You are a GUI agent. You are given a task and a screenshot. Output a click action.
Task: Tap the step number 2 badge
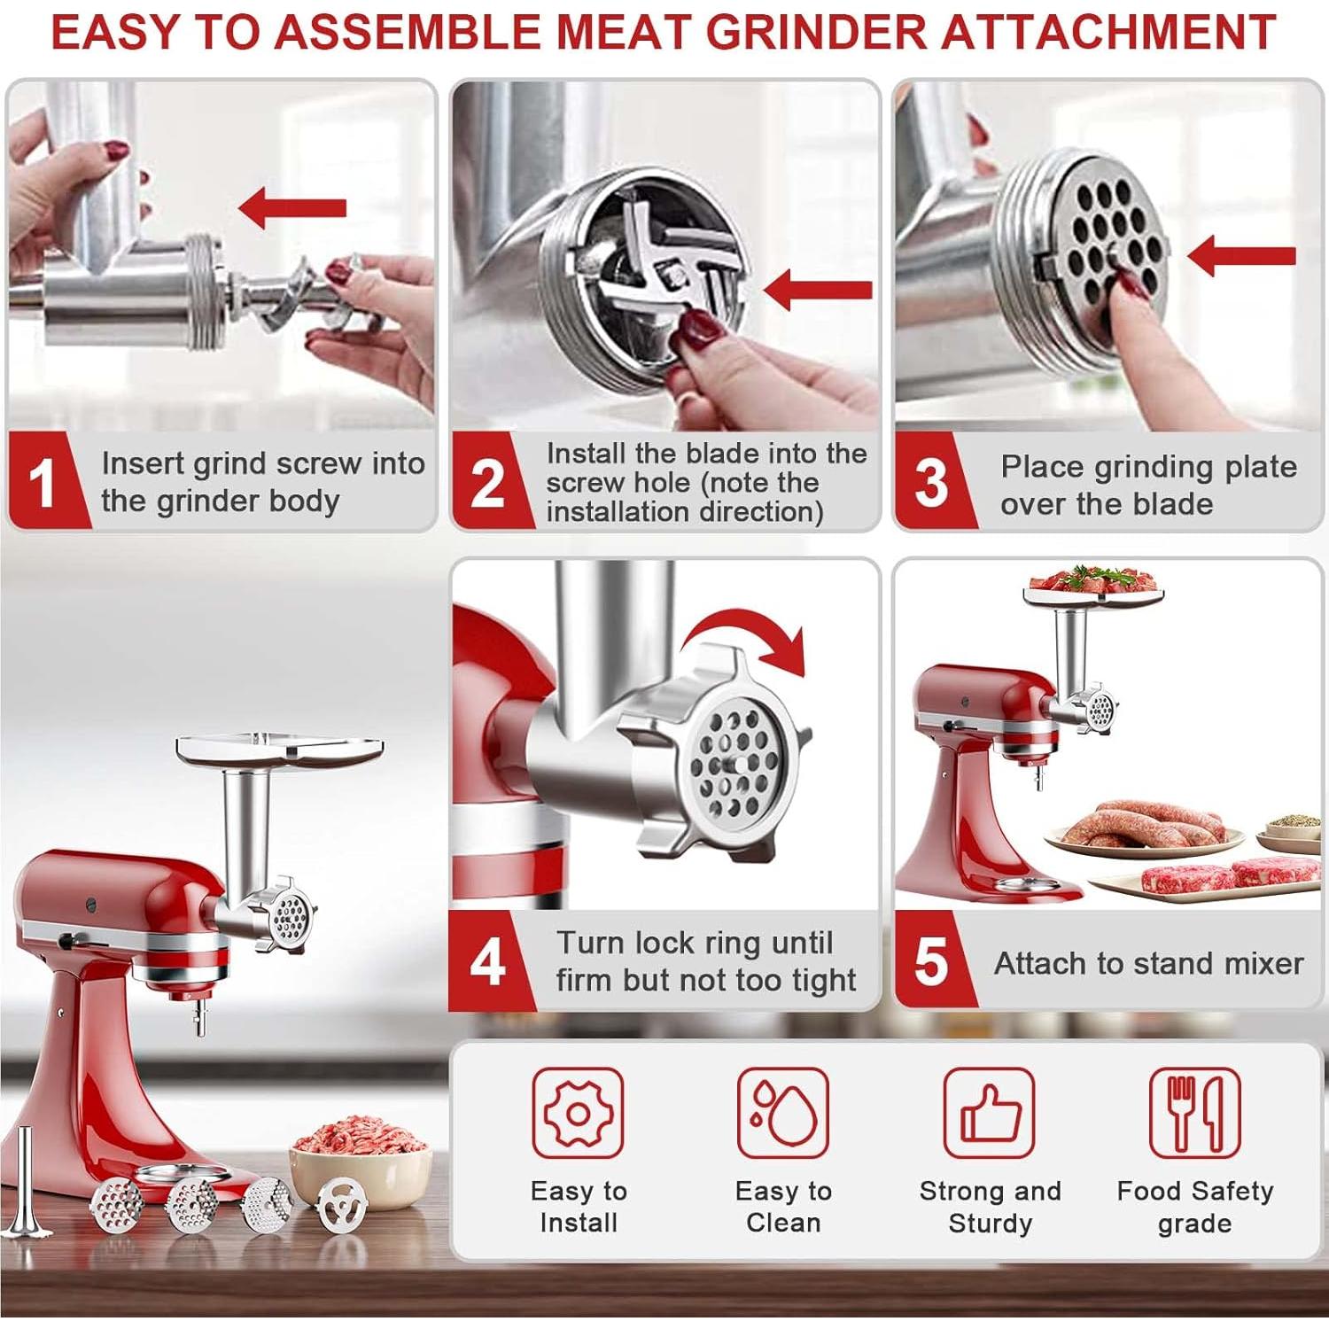(x=486, y=484)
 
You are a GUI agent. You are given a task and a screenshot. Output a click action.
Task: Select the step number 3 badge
(x=930, y=484)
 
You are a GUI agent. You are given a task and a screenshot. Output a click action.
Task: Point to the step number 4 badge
(x=487, y=962)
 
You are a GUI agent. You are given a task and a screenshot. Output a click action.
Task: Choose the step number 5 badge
(x=930, y=962)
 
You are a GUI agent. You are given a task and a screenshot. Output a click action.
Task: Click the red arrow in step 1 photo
(x=292, y=208)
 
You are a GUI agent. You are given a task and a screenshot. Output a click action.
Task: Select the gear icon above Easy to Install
(x=578, y=1113)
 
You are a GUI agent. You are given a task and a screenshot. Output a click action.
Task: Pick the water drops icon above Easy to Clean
(x=783, y=1113)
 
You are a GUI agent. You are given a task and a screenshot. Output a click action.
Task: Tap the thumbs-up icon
(x=989, y=1113)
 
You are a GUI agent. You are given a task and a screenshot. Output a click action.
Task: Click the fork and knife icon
(x=1194, y=1113)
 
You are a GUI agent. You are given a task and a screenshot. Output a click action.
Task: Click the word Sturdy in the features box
(x=990, y=1224)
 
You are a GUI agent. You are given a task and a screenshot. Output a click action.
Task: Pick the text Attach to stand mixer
(x=1148, y=963)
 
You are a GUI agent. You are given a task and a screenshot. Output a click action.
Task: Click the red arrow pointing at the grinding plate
(x=1240, y=256)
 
